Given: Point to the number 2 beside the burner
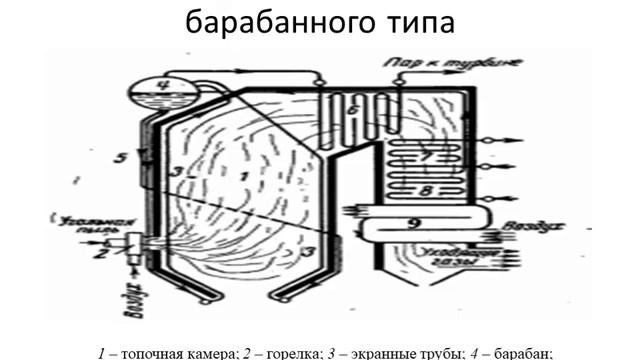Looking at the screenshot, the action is [x=100, y=253].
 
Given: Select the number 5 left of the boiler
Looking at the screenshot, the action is [x=118, y=157].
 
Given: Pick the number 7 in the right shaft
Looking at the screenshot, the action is [x=424, y=158].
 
